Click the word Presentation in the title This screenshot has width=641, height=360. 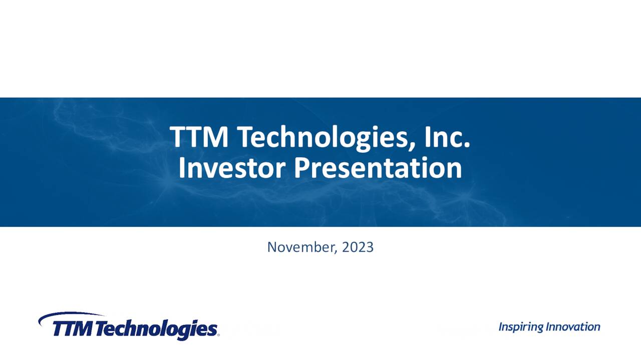(x=378, y=168)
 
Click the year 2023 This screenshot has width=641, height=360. (x=358, y=247)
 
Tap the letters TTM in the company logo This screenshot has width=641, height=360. (x=72, y=329)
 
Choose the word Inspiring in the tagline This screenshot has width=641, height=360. (x=521, y=327)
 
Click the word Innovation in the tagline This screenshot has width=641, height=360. (x=573, y=327)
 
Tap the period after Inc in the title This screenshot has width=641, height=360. (x=467, y=145)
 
